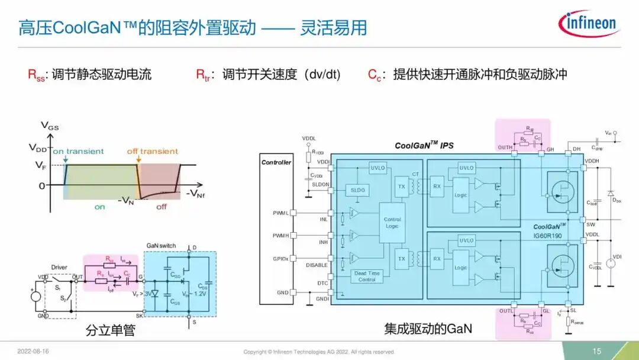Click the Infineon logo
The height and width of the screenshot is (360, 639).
click(588, 24)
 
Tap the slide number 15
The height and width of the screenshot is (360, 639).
click(597, 351)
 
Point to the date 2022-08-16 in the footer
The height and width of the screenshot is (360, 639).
click(34, 351)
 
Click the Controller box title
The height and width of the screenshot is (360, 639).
click(276, 162)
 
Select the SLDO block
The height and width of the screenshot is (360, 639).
click(358, 190)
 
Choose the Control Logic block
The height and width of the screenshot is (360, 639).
click(392, 223)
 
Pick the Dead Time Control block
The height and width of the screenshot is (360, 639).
click(367, 277)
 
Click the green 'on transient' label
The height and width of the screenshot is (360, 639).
click(78, 152)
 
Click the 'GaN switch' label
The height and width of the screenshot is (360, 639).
click(161, 246)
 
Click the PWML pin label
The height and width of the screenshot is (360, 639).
click(280, 213)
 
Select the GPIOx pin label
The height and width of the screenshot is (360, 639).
click(280, 259)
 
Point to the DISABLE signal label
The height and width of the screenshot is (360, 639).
click(317, 265)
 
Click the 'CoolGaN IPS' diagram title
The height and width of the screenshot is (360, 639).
click(424, 145)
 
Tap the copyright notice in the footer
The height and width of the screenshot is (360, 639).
click(318, 352)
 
